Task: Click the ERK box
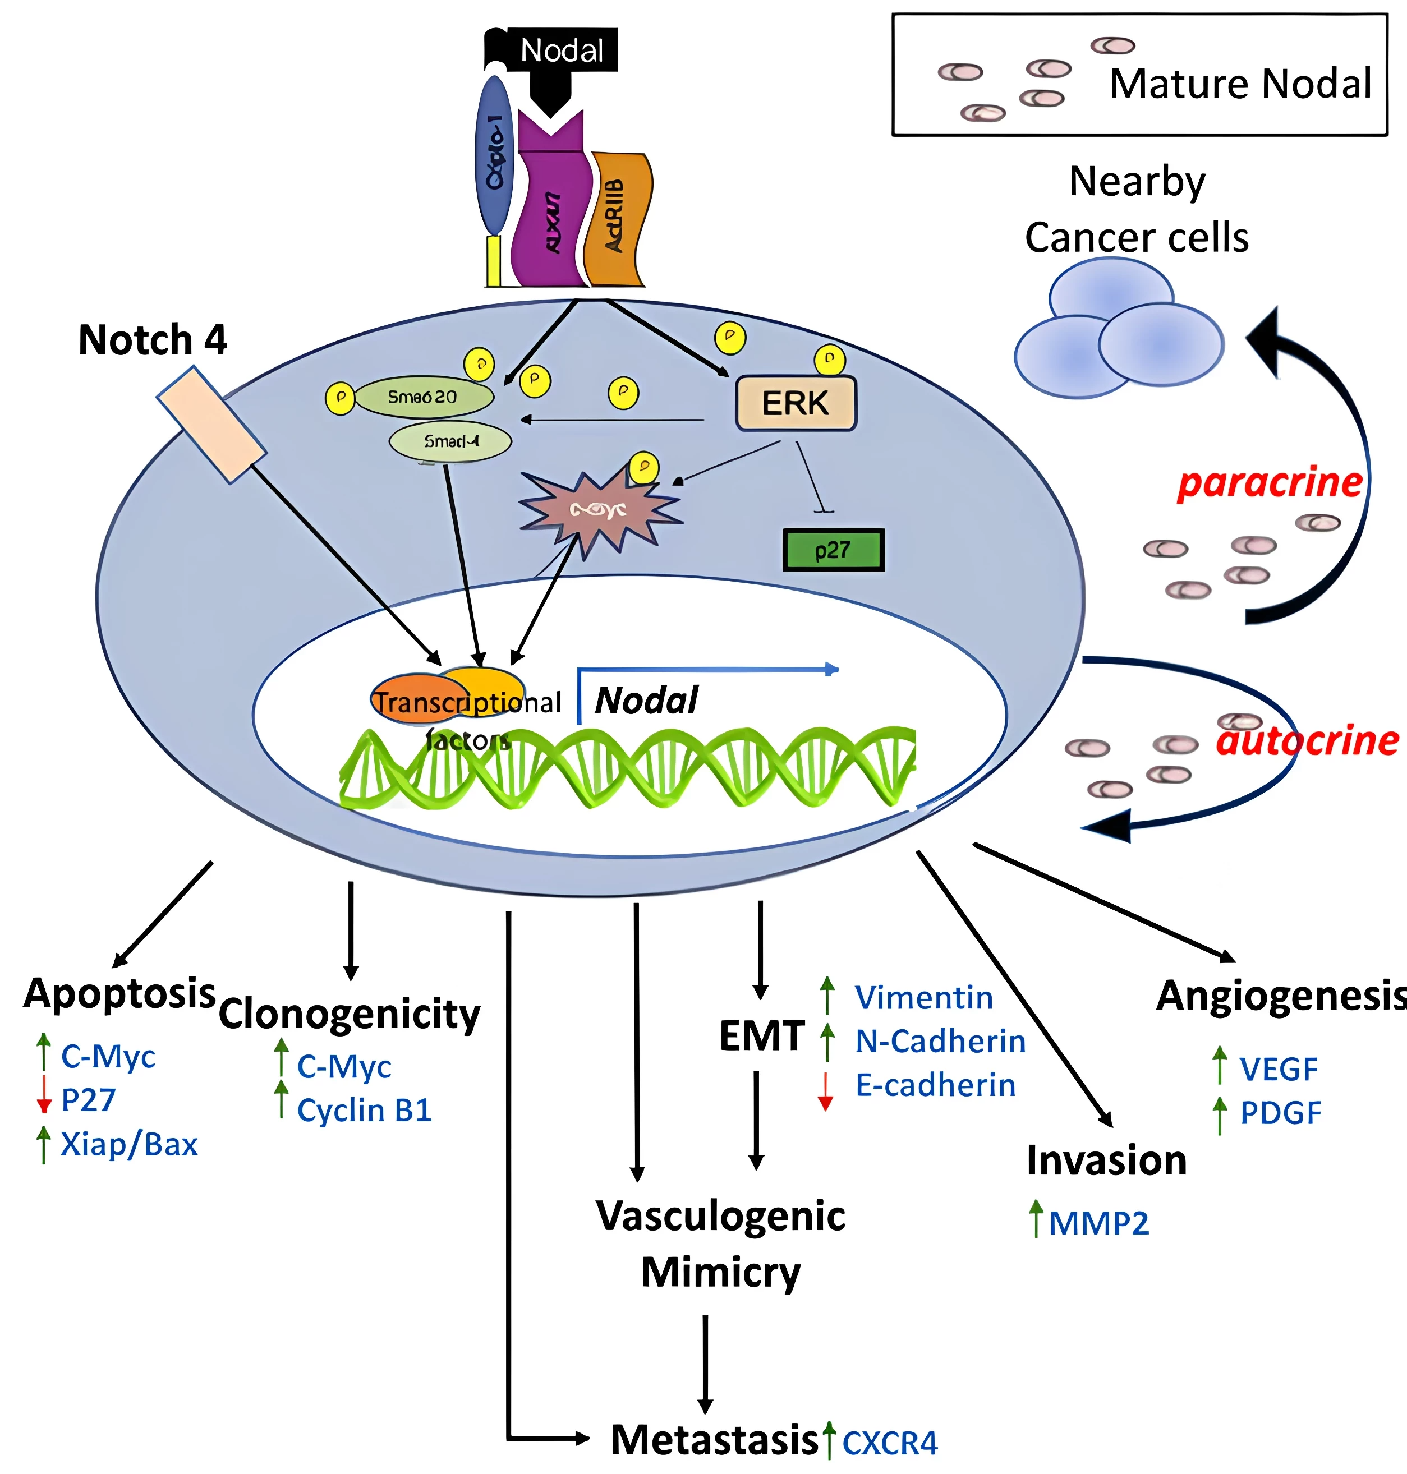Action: [796, 403]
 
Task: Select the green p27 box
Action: [833, 550]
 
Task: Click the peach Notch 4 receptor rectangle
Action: [211, 425]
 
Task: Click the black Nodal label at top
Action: [562, 50]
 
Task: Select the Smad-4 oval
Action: [450, 441]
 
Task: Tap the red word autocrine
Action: [1307, 741]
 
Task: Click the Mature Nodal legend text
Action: [1240, 83]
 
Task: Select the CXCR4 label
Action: [890, 1443]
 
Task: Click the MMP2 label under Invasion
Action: [1099, 1223]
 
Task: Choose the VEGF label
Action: [1278, 1069]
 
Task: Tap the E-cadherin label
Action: [935, 1085]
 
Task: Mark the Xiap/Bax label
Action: [129, 1144]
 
